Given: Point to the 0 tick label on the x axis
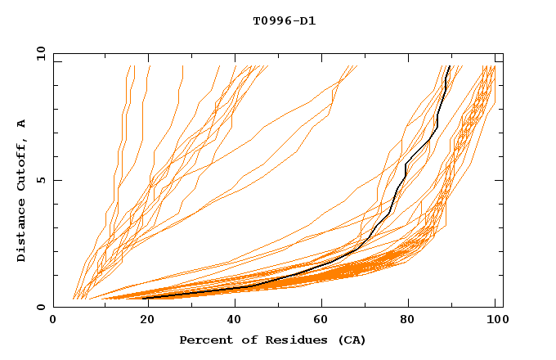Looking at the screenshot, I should point(53,322).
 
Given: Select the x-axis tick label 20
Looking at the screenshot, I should point(141,322).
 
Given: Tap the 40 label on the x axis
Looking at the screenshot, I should point(231,322).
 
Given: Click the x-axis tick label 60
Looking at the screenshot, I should point(319,322).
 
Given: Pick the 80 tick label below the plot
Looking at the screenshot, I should point(407,322).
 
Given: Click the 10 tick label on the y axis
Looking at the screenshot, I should point(38,53).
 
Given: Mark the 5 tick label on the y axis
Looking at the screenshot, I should point(42,180).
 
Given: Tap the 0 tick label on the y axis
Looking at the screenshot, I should point(42,307).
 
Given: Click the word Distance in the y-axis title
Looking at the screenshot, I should point(21,232).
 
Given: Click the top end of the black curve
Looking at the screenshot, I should point(450,66).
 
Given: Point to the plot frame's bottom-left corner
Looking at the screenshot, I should point(53,307).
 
